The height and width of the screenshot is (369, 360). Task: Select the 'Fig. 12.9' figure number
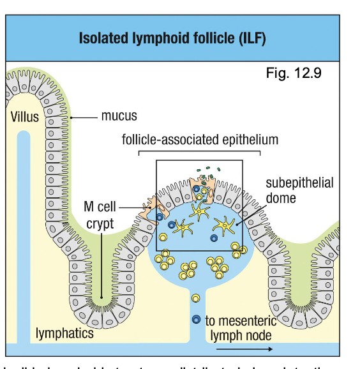coord(293,73)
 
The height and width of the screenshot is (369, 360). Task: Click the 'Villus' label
coord(24,117)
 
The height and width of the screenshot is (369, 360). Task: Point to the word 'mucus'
coord(118,116)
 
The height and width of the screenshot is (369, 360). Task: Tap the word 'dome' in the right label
coord(281,198)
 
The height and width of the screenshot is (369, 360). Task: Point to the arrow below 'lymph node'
coord(245,349)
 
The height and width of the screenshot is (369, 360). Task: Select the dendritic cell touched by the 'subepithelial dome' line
coord(227,224)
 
